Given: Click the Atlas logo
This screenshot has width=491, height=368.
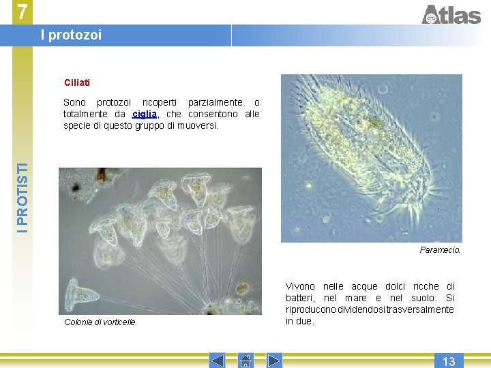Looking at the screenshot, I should pyautogui.click(x=451, y=14).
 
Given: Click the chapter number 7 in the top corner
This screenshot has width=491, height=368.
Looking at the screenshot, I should pyautogui.click(x=23, y=12).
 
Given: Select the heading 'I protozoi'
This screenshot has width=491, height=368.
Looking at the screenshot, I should pyautogui.click(x=71, y=35).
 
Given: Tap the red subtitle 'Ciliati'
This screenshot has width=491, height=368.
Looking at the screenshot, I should pyautogui.click(x=77, y=82).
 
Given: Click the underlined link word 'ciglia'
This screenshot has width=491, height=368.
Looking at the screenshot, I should pyautogui.click(x=145, y=114).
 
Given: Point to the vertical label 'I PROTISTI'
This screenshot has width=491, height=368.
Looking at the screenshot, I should pyautogui.click(x=23, y=198).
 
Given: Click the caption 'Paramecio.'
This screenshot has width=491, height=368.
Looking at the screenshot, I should pyautogui.click(x=440, y=250).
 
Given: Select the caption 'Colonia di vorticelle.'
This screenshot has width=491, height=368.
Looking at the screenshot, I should pyautogui.click(x=100, y=322).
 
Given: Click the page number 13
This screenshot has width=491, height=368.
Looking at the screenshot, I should pyautogui.click(x=448, y=361).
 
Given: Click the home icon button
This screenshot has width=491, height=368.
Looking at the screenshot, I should pyautogui.click(x=245, y=361).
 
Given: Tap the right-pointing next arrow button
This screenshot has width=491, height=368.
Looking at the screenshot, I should pyautogui.click(x=274, y=361).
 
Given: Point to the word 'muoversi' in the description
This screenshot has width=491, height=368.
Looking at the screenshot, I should pyautogui.click(x=199, y=125).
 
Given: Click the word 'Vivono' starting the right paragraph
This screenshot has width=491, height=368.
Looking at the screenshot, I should pyautogui.click(x=300, y=287).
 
